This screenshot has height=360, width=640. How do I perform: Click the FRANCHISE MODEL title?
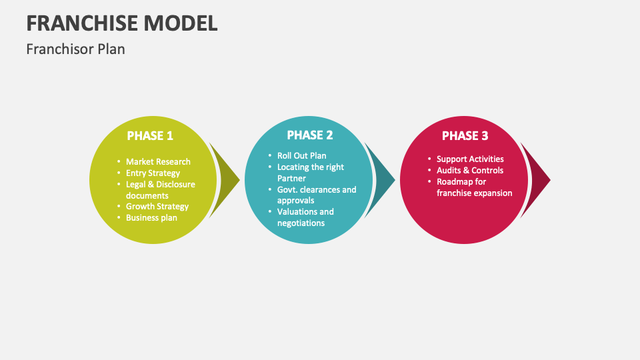point(122,23)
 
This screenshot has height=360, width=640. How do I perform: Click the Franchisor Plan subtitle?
point(75,49)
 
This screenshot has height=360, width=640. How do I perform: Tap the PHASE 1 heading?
point(150,135)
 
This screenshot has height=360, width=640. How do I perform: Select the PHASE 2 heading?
point(310,135)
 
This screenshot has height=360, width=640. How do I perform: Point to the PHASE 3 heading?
point(465,135)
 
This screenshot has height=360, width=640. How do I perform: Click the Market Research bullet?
point(158,161)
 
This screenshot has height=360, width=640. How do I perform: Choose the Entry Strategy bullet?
point(153,173)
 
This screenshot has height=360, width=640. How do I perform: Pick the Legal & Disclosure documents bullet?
point(160,190)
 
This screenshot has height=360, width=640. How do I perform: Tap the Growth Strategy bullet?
point(157,206)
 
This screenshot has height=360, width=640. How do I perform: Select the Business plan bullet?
point(151,217)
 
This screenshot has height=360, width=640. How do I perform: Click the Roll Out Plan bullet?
point(301,155)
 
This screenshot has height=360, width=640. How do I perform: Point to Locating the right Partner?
point(310,173)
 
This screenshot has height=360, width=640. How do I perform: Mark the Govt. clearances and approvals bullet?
point(316,195)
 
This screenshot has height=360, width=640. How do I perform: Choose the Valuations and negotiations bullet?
point(305,217)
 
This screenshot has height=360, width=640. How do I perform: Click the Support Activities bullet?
point(470,159)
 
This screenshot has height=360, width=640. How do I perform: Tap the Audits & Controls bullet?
point(470,170)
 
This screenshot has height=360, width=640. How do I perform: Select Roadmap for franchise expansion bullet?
point(474,187)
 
